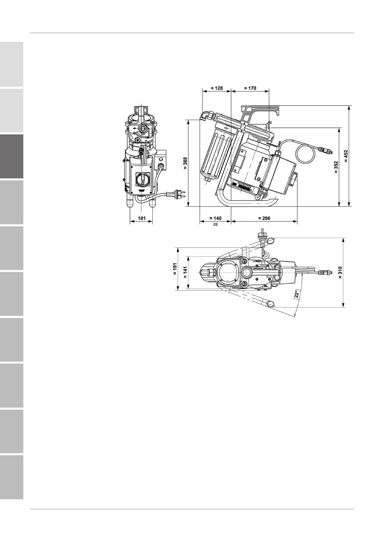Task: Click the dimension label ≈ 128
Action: [216, 88]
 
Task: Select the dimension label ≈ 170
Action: [250, 88]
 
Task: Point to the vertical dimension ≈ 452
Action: [346, 156]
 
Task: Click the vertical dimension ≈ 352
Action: [336, 167]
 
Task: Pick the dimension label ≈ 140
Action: [215, 218]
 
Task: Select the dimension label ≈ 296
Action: [264, 218]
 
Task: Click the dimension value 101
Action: [142, 218]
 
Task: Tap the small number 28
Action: [215, 224]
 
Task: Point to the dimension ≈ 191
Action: [175, 269]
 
